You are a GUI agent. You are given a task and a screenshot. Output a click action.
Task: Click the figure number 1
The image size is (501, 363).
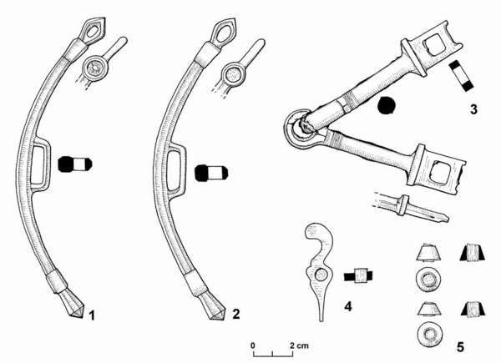(92, 315)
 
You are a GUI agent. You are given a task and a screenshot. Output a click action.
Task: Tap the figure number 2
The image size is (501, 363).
(235, 314)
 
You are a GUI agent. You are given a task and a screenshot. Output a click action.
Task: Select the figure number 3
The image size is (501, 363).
(473, 109)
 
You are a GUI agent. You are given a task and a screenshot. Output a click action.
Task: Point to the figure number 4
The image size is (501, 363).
(348, 306)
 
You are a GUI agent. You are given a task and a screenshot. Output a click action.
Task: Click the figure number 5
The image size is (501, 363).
(460, 346)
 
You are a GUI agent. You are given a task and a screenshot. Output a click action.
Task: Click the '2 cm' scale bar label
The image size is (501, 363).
(300, 345)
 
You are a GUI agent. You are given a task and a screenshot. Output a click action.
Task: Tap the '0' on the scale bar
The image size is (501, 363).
(253, 345)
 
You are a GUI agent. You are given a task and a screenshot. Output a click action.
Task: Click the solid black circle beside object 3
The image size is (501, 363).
(387, 105)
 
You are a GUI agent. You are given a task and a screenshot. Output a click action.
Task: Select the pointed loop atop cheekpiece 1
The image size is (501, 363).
(94, 31)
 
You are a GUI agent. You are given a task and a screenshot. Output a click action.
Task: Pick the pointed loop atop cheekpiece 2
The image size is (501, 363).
(223, 33)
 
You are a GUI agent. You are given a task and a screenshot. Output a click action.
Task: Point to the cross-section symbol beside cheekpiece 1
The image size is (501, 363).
(75, 164)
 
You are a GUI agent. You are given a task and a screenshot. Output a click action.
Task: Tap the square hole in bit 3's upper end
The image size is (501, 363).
(434, 44)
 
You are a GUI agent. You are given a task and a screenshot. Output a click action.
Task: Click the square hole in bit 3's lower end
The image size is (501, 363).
(441, 173)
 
